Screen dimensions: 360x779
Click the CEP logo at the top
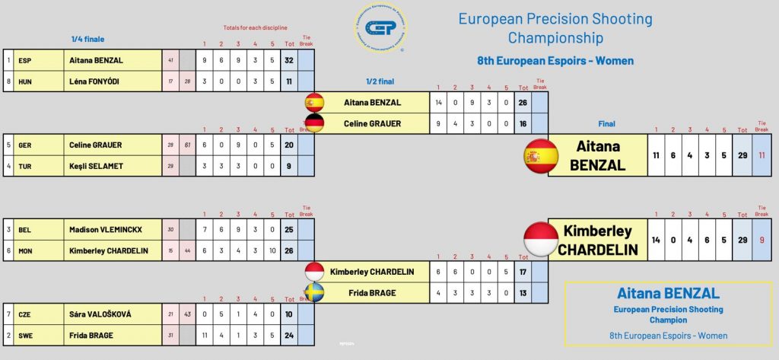coord(380,28)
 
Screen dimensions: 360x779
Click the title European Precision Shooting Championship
coord(555,28)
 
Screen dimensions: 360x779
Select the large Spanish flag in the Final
coord(542,156)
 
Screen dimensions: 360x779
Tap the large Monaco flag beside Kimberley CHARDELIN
coord(542,239)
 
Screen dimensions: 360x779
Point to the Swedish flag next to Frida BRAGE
coord(314,293)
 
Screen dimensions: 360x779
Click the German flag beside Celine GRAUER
coord(314,123)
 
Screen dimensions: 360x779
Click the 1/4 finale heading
coord(87,39)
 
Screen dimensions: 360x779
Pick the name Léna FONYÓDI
coord(96,81)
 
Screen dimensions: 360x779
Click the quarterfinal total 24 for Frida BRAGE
coord(289,334)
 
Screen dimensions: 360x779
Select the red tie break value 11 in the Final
coord(762,156)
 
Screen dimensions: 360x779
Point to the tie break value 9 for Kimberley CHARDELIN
coord(762,239)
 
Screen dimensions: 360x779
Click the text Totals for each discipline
coord(256,28)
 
